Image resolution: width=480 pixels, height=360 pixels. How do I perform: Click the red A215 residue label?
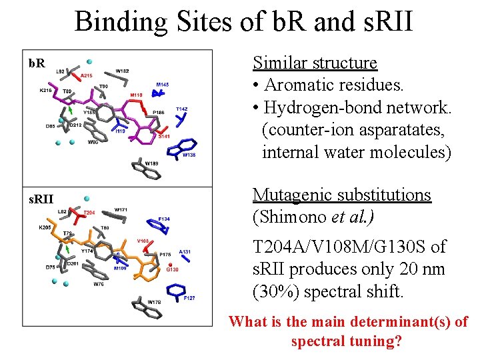coord(86,77)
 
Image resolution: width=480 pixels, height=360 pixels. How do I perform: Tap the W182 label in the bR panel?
coord(122,71)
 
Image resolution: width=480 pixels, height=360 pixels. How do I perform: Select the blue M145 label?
coord(163,85)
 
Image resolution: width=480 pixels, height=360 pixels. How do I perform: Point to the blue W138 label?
coord(189,155)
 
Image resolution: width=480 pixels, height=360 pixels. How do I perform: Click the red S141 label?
coord(164,136)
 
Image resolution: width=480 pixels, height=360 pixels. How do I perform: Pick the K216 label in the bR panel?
coord(45,91)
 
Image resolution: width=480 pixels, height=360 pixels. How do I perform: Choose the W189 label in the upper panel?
coord(152,163)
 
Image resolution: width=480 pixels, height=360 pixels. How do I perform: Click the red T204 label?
coord(88,213)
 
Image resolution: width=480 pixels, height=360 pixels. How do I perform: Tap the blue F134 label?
coord(164,219)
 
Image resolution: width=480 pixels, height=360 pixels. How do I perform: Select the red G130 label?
coord(172,270)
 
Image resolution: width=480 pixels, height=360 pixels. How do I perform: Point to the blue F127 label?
coord(189,298)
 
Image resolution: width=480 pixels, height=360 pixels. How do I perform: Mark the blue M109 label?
coord(120,269)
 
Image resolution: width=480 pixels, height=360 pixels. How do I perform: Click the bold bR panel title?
coord(37,63)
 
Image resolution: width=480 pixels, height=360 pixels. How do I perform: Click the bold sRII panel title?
coord(40,198)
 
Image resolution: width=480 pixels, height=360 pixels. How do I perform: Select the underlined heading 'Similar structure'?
coord(315,63)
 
